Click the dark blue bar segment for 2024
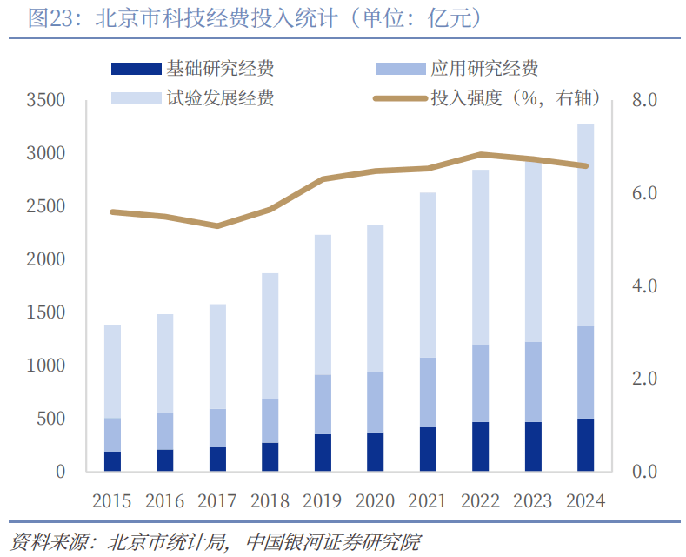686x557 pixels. (x=585, y=445)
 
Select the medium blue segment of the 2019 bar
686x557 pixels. (x=323, y=404)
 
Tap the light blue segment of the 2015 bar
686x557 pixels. (x=112, y=372)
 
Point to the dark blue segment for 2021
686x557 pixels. (x=428, y=449)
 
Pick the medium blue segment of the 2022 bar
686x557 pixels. (x=481, y=383)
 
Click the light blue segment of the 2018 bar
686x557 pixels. (x=270, y=336)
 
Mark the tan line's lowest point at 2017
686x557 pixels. (x=217, y=226)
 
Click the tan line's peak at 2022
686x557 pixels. (x=481, y=154)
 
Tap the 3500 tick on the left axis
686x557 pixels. (x=46, y=100)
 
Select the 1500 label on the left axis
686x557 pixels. (x=46, y=312)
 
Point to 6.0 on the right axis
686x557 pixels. (x=644, y=192)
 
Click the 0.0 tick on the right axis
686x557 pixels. (x=644, y=471)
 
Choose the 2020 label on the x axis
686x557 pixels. (x=375, y=501)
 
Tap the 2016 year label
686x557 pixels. (x=164, y=501)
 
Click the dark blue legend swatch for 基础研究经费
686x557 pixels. (x=137, y=69)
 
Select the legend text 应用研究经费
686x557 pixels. (x=484, y=69)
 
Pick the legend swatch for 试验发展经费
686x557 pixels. (x=137, y=98)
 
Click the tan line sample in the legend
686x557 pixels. (x=400, y=98)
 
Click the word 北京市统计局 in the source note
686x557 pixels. (x=167, y=542)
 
